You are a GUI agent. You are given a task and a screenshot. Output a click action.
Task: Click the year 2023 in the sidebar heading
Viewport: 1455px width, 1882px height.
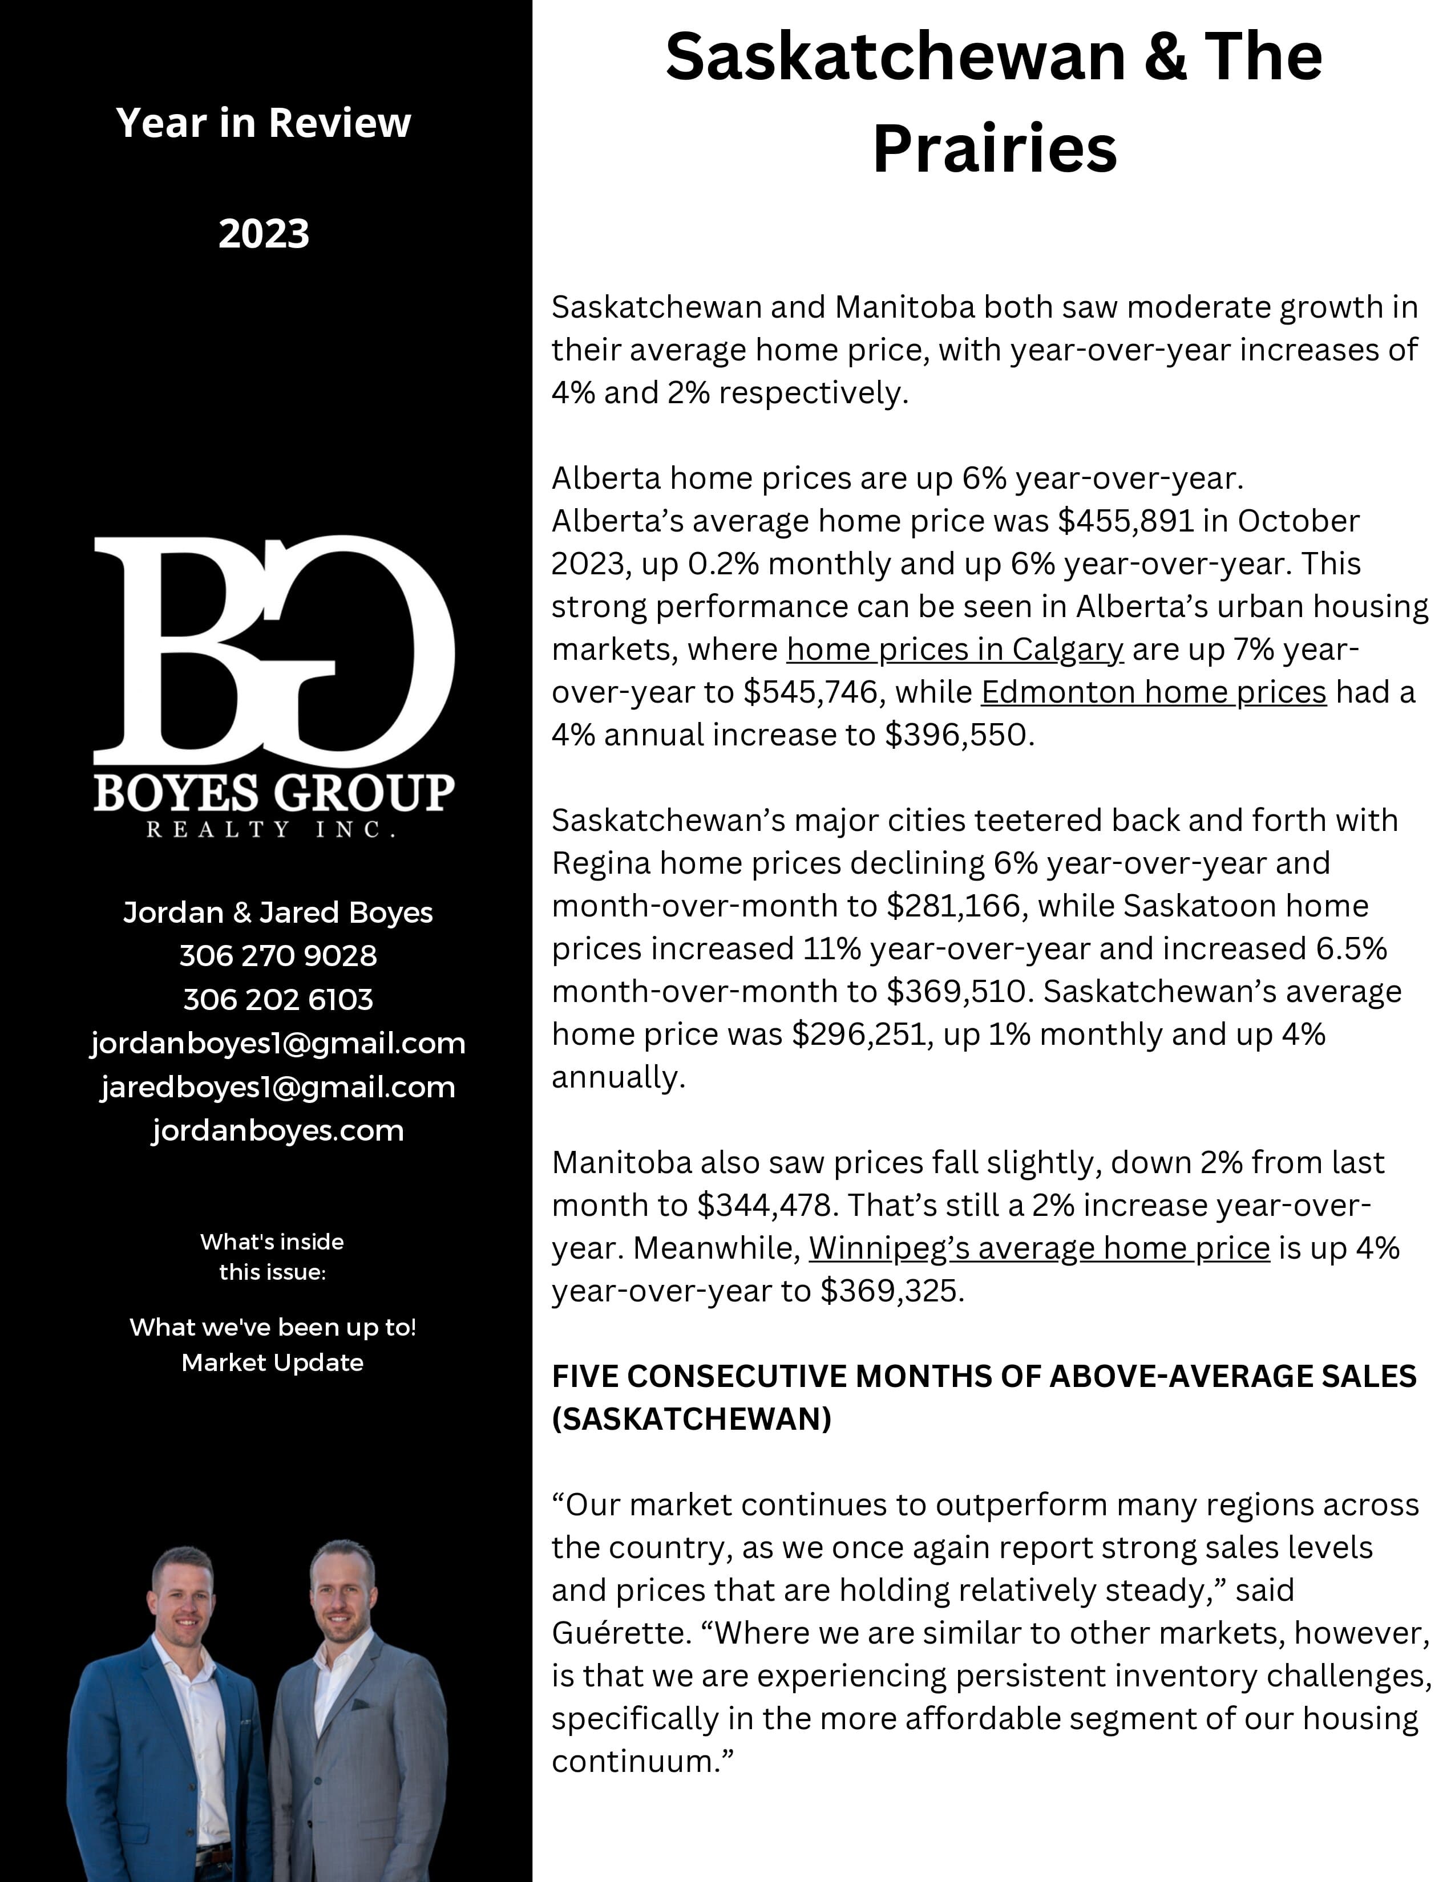tap(263, 233)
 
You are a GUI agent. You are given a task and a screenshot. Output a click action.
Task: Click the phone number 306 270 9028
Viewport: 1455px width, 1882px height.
tap(277, 956)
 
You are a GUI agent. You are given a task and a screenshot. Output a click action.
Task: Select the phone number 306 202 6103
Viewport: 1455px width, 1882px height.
tap(277, 1000)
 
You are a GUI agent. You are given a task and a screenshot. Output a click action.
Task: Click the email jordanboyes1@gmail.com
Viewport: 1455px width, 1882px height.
tap(277, 1044)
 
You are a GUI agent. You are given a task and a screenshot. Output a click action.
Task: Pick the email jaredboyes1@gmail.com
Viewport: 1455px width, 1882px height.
tap(277, 1088)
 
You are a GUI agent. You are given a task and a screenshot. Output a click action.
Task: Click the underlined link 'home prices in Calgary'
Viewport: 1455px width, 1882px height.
tap(954, 650)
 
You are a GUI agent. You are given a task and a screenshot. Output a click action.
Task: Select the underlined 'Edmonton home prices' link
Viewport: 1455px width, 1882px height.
tap(1153, 692)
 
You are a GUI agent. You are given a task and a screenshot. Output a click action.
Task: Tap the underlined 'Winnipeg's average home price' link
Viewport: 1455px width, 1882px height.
tap(1038, 1248)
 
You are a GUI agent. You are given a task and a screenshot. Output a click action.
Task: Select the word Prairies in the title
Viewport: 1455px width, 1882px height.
tap(994, 149)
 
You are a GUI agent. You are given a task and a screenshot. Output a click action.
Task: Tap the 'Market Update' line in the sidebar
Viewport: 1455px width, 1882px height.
tap(272, 1362)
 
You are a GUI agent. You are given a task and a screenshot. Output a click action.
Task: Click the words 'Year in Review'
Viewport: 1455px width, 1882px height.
tap(263, 123)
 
